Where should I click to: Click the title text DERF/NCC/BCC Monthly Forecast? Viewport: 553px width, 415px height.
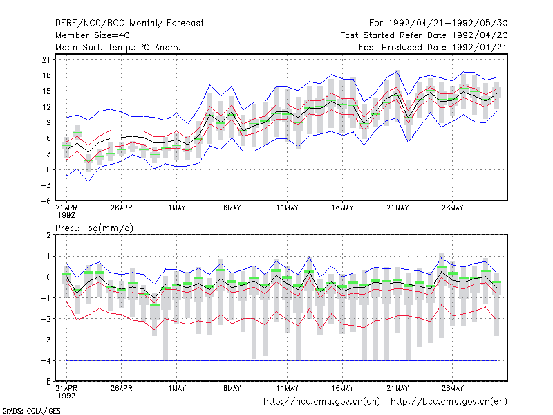click(129, 24)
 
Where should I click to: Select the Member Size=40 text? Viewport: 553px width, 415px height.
click(93, 35)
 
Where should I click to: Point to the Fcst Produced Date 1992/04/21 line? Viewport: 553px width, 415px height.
click(433, 47)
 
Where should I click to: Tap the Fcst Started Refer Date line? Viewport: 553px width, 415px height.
click(424, 35)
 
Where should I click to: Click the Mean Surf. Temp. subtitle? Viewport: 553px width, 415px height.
click(118, 47)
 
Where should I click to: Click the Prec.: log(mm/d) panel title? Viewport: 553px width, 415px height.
click(94, 228)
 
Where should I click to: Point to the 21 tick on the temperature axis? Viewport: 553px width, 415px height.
click(46, 59)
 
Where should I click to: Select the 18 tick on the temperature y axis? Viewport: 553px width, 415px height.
click(46, 75)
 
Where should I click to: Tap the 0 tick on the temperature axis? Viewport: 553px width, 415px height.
click(48, 169)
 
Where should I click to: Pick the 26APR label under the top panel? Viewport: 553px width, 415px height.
click(122, 207)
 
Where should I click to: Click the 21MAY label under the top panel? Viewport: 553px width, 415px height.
click(397, 207)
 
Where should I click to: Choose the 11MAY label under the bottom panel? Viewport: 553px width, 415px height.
click(287, 388)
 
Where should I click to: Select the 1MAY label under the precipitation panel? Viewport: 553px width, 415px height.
click(177, 388)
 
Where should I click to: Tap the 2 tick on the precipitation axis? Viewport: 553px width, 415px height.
click(48, 235)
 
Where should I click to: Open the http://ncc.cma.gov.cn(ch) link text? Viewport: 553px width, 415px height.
click(321, 402)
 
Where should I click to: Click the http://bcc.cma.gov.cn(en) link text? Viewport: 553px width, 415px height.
click(449, 402)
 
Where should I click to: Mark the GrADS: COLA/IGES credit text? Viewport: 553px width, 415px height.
click(31, 411)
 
